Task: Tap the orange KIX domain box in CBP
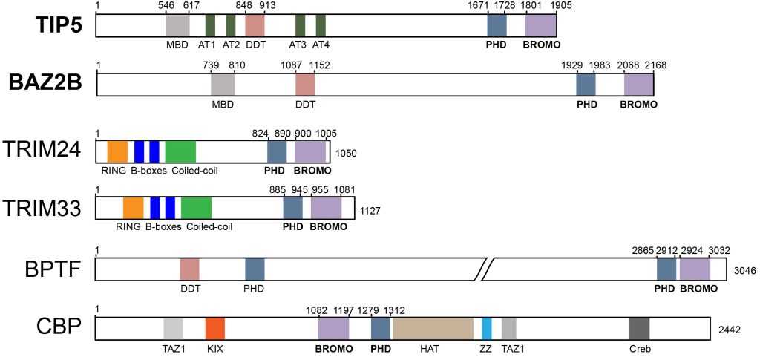(214, 329)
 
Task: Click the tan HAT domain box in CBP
(433, 329)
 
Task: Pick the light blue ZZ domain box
(487, 329)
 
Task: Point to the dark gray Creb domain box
(640, 329)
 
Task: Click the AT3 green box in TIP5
(301, 25)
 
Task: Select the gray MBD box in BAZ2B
(223, 84)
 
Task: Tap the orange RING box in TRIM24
(117, 151)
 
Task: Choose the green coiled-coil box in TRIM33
(196, 208)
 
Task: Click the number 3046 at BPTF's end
(744, 271)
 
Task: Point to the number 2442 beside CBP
(730, 330)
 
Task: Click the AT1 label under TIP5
(210, 45)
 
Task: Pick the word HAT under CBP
(433, 348)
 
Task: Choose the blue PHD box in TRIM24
(277, 151)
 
